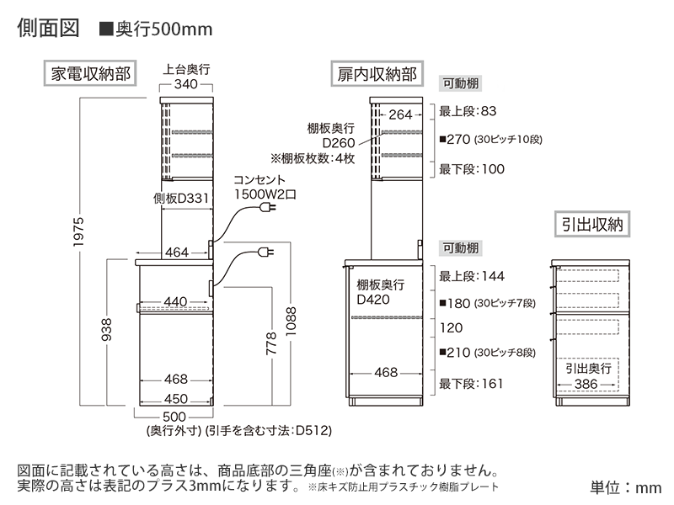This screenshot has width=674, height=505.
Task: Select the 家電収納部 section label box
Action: pyautogui.click(x=91, y=73)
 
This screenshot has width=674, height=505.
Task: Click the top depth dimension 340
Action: pyautogui.click(x=186, y=85)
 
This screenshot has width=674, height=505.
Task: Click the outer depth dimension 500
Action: pyautogui.click(x=174, y=416)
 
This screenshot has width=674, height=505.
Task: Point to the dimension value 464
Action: pyautogui.click(x=176, y=252)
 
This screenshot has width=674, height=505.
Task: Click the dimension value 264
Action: pyautogui.click(x=401, y=114)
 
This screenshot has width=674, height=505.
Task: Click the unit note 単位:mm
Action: pyautogui.click(x=625, y=486)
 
